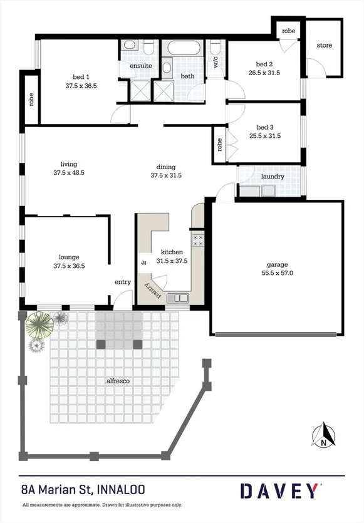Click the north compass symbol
pos(324,436)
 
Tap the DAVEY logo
pos(280,490)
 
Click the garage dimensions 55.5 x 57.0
pos(276,273)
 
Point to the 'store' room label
pos(324,46)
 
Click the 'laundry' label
pos(273,177)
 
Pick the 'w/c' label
pos(216,62)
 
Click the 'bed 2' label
pos(264,64)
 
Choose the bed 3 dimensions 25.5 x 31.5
pos(264,135)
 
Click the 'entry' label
pos(123,282)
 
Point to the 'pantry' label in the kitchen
pos(153,290)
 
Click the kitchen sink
pos(180,298)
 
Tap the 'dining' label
pos(166,167)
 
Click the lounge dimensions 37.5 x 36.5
pos(69,266)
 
